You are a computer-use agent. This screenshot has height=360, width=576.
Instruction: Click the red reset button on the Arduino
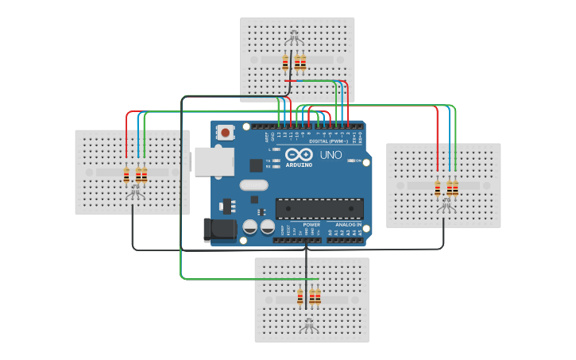226,132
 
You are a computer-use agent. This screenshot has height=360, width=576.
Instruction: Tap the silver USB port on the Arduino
214,161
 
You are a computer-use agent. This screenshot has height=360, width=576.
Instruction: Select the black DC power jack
220,230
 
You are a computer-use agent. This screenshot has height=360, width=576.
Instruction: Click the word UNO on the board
331,155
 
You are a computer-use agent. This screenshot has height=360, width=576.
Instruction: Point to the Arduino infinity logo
299,154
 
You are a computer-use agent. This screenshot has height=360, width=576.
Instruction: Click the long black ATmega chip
319,209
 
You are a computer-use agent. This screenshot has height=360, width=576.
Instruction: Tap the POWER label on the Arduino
311,225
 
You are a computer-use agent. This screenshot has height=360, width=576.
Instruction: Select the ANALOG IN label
347,225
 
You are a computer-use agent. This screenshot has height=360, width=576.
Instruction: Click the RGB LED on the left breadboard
136,191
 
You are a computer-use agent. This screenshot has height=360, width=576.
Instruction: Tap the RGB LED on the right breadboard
446,203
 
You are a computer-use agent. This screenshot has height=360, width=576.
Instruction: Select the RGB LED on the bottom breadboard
309,323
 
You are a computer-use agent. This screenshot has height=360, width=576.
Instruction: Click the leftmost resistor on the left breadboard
126,175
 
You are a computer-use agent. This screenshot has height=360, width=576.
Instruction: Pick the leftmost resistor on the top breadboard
285,62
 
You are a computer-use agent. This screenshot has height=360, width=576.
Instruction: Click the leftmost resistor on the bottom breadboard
300,296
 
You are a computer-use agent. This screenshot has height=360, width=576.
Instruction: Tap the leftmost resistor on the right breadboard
437,188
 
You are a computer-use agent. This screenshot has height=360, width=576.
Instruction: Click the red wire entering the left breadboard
126,135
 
